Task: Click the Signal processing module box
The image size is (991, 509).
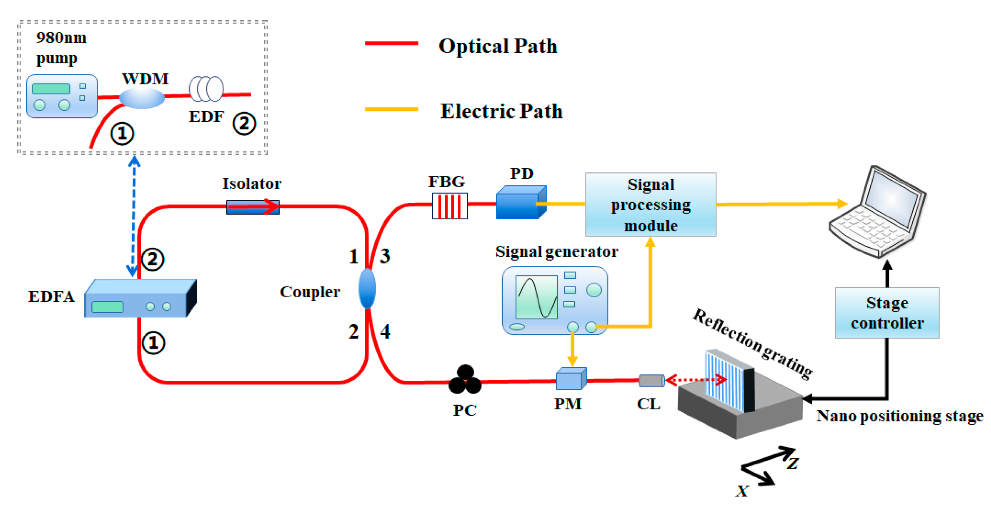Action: pos(650,204)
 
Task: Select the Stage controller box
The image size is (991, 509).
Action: pos(887,312)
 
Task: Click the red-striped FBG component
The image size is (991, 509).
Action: pos(449,206)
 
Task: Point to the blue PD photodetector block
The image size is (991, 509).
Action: pos(520,203)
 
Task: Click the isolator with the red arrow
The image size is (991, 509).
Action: pos(253,207)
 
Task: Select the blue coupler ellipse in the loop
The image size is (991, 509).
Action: pos(367,289)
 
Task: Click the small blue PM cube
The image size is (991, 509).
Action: pos(570,379)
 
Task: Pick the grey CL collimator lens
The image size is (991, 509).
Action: pos(651,380)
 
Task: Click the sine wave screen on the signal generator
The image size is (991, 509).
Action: pos(536,297)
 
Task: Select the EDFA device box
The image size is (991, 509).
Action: pos(140,298)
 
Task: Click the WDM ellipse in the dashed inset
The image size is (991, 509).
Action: pos(142,98)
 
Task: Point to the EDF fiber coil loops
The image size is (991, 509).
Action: pos(206,89)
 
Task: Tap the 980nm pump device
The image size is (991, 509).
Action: pos(62,96)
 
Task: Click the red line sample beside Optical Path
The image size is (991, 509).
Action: pos(391,44)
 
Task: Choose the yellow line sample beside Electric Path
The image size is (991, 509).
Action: pos(391,109)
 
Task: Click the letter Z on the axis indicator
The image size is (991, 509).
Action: pos(792,463)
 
